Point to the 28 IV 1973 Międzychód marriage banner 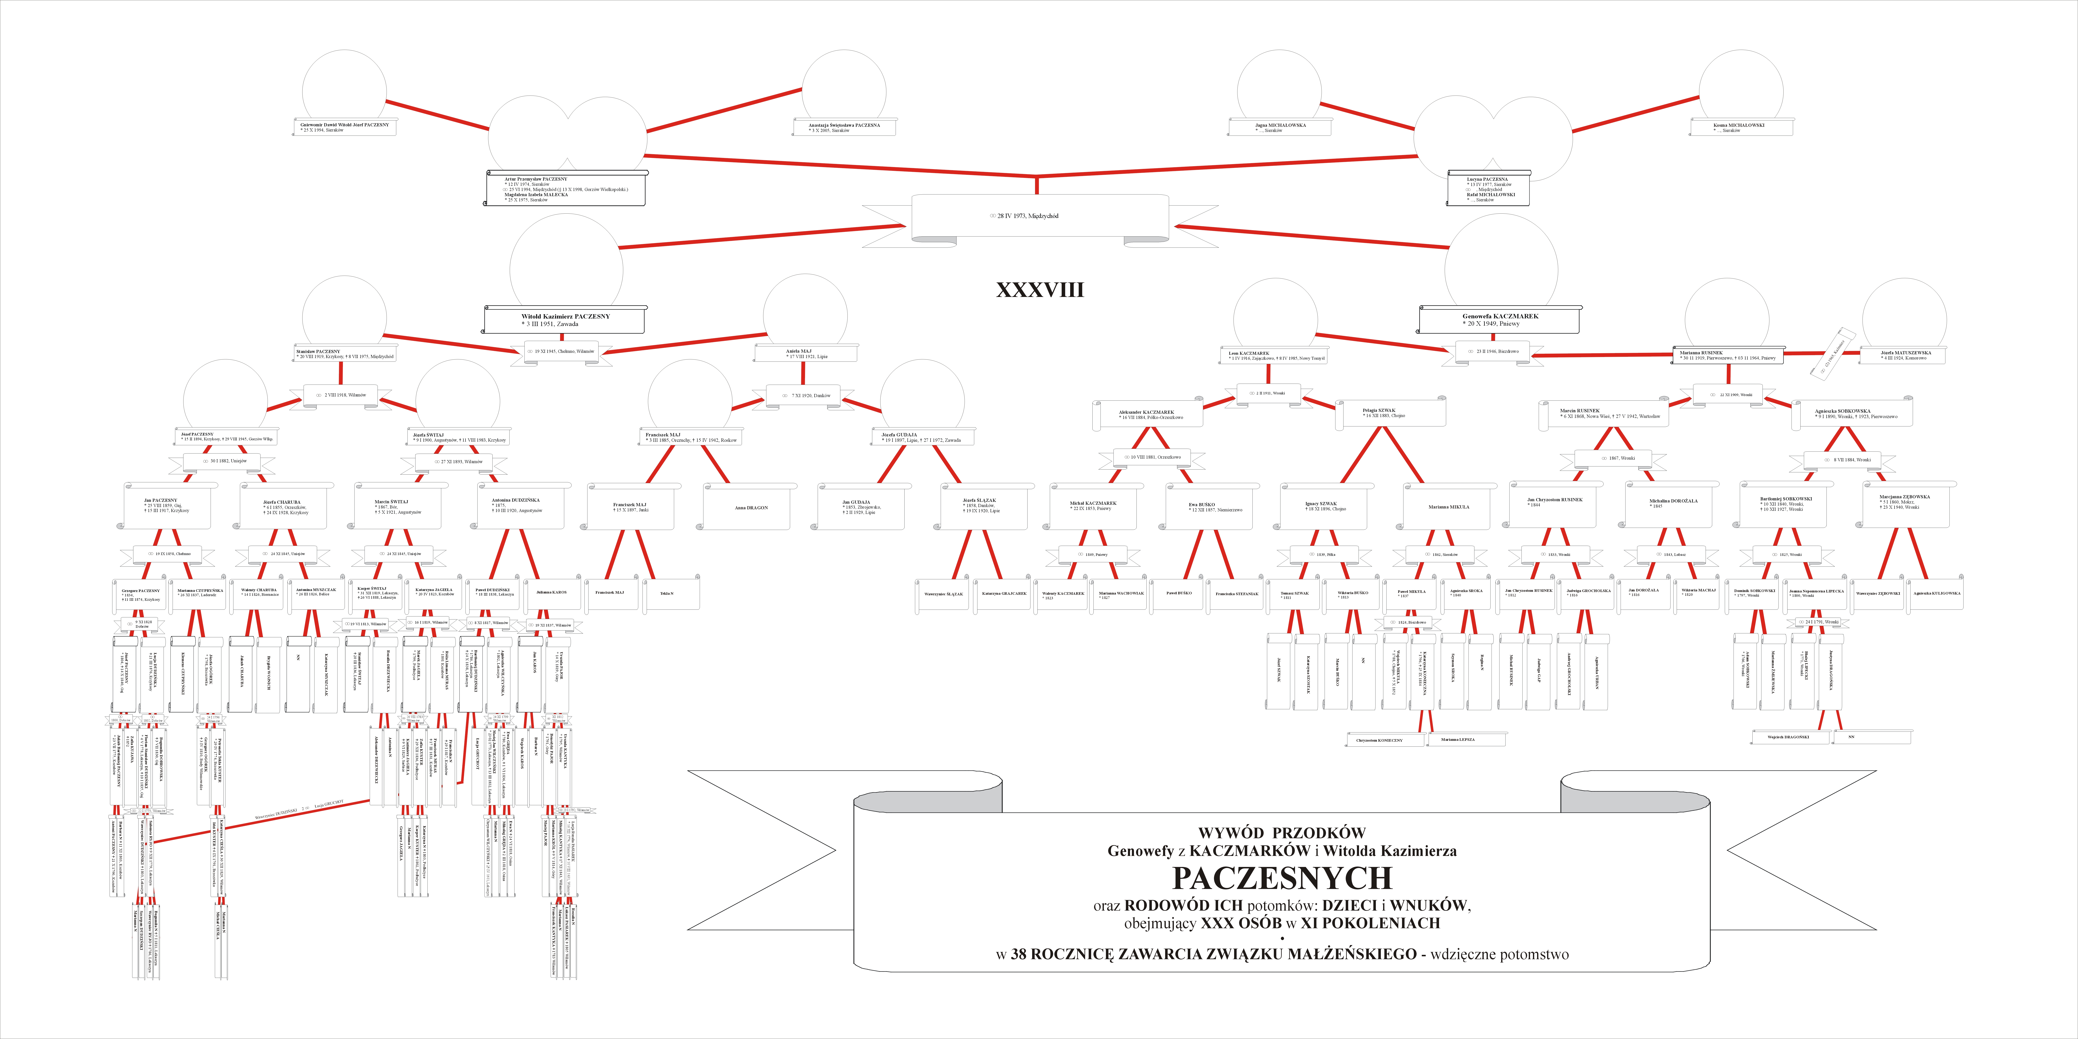[x=1040, y=216]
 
